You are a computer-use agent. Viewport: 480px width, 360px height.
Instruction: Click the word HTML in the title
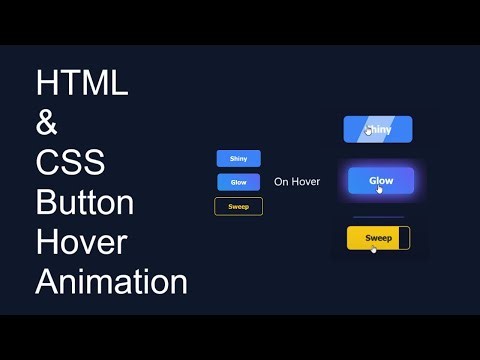[x=82, y=83]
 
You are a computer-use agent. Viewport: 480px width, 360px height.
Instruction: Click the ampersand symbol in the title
[x=48, y=125]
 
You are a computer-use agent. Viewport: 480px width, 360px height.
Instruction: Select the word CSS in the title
[x=70, y=163]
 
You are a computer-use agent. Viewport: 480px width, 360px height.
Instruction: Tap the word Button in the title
[x=85, y=203]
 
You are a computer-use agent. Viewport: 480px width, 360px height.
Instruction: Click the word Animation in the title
[x=111, y=282]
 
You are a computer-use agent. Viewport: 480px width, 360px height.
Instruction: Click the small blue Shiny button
[x=238, y=158]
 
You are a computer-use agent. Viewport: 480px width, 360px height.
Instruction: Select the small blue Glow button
[x=238, y=182]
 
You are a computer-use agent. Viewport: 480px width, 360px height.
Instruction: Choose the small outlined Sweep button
[x=238, y=206]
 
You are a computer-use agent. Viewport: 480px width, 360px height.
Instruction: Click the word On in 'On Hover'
[x=281, y=182]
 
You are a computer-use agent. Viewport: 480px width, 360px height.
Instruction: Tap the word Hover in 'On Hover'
[x=305, y=182]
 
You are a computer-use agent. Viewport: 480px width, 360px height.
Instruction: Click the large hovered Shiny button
[x=378, y=129]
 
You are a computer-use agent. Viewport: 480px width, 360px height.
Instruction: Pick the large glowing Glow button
[x=381, y=181]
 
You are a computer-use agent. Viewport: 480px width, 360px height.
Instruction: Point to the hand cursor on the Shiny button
[x=369, y=129]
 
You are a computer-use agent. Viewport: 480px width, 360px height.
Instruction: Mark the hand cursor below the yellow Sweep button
[x=374, y=249]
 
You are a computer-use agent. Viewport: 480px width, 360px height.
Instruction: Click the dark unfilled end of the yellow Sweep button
[x=404, y=238]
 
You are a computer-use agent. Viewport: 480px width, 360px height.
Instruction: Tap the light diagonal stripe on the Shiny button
[x=396, y=129]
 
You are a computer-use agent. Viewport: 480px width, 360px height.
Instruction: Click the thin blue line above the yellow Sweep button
[x=378, y=216]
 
